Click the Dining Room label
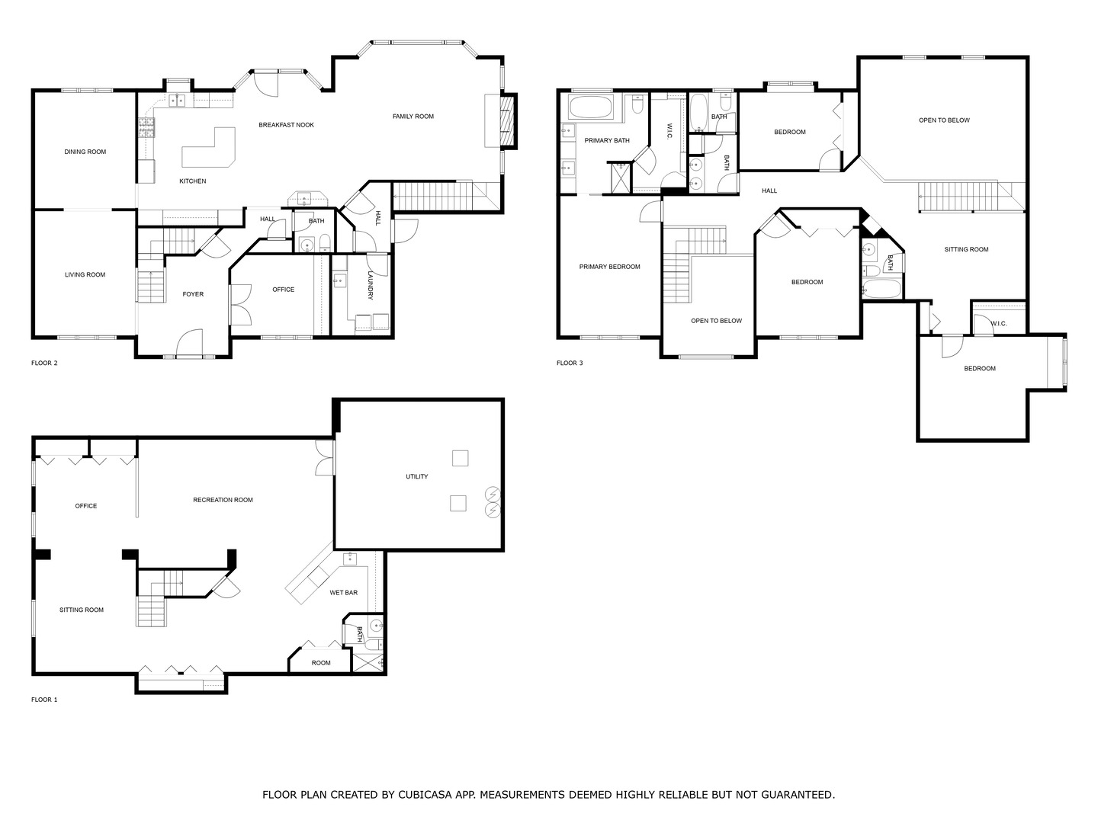85,152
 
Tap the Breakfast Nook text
286,125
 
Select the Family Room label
413,117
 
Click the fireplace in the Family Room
508,121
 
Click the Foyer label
193,294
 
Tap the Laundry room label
371,285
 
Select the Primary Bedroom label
609,267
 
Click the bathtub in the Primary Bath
591,107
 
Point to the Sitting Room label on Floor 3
966,249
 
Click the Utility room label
416,477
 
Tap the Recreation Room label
223,500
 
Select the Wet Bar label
343,593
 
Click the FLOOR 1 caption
44,700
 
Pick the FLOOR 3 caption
570,363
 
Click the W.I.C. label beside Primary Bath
669,131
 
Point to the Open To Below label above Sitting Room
944,120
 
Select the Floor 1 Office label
85,506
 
